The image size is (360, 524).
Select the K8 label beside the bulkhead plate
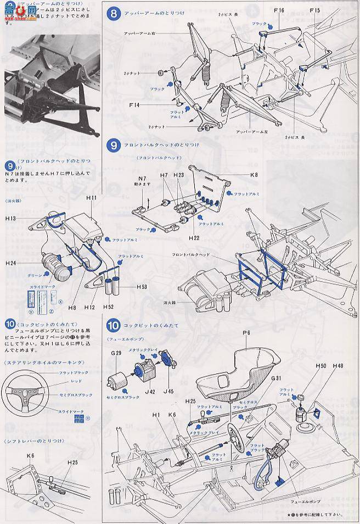tap(253, 175)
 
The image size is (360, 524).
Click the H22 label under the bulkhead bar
tap(193, 238)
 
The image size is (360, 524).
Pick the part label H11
tap(91, 197)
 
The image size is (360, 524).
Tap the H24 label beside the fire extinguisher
tap(12, 264)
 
